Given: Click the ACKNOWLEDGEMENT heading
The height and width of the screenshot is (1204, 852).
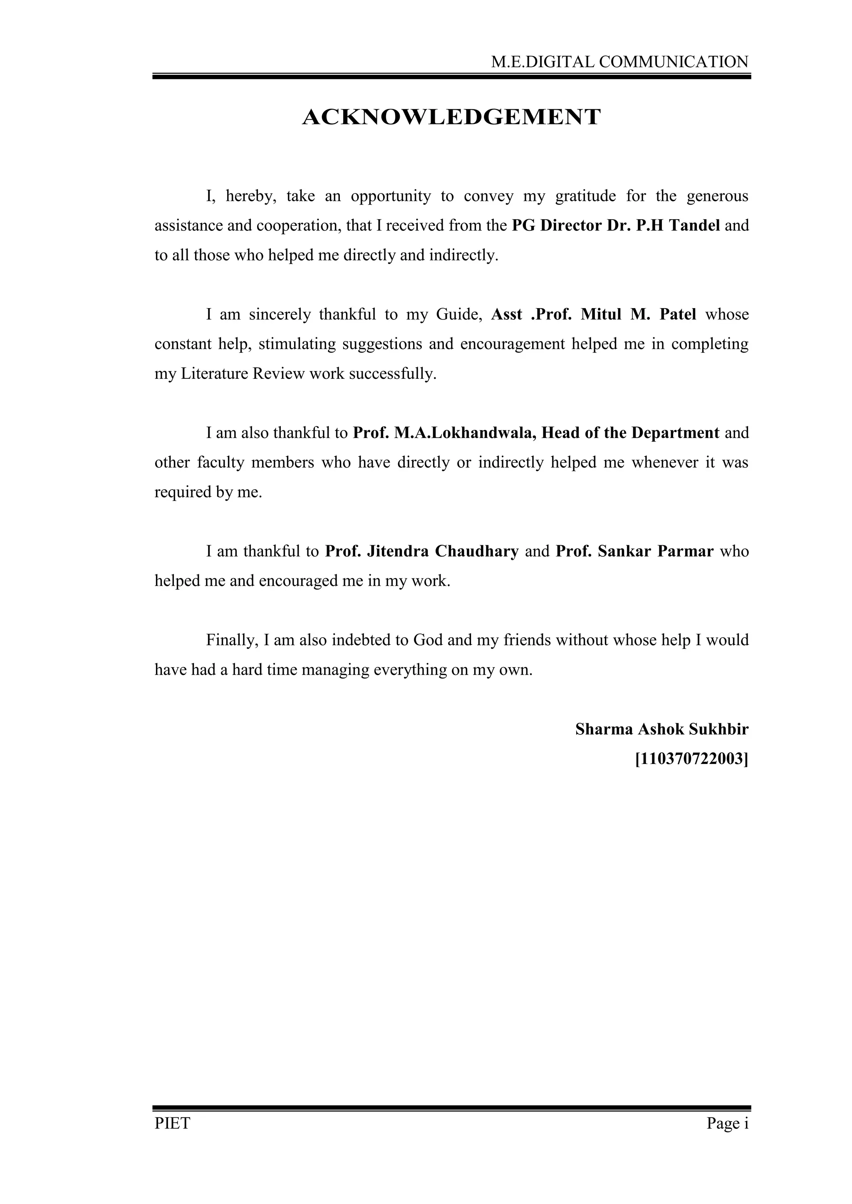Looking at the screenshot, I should pyautogui.click(x=451, y=117).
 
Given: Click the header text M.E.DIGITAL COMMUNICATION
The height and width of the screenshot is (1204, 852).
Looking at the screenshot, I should pyautogui.click(x=619, y=62).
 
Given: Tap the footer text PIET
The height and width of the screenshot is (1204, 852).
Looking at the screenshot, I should pyautogui.click(x=172, y=1123).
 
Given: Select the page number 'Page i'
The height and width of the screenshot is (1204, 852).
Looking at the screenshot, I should pyautogui.click(x=727, y=1123).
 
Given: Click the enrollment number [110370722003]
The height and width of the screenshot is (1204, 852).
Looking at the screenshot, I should pyautogui.click(x=691, y=759).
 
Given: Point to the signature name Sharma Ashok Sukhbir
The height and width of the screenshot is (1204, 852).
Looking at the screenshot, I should pyautogui.click(x=661, y=729).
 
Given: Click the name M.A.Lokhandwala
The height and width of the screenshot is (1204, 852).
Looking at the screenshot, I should pyautogui.click(x=466, y=433).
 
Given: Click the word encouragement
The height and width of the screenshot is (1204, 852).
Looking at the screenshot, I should pyautogui.click(x=512, y=344).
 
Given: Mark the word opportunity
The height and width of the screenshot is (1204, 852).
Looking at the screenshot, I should pyautogui.click(x=390, y=196).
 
